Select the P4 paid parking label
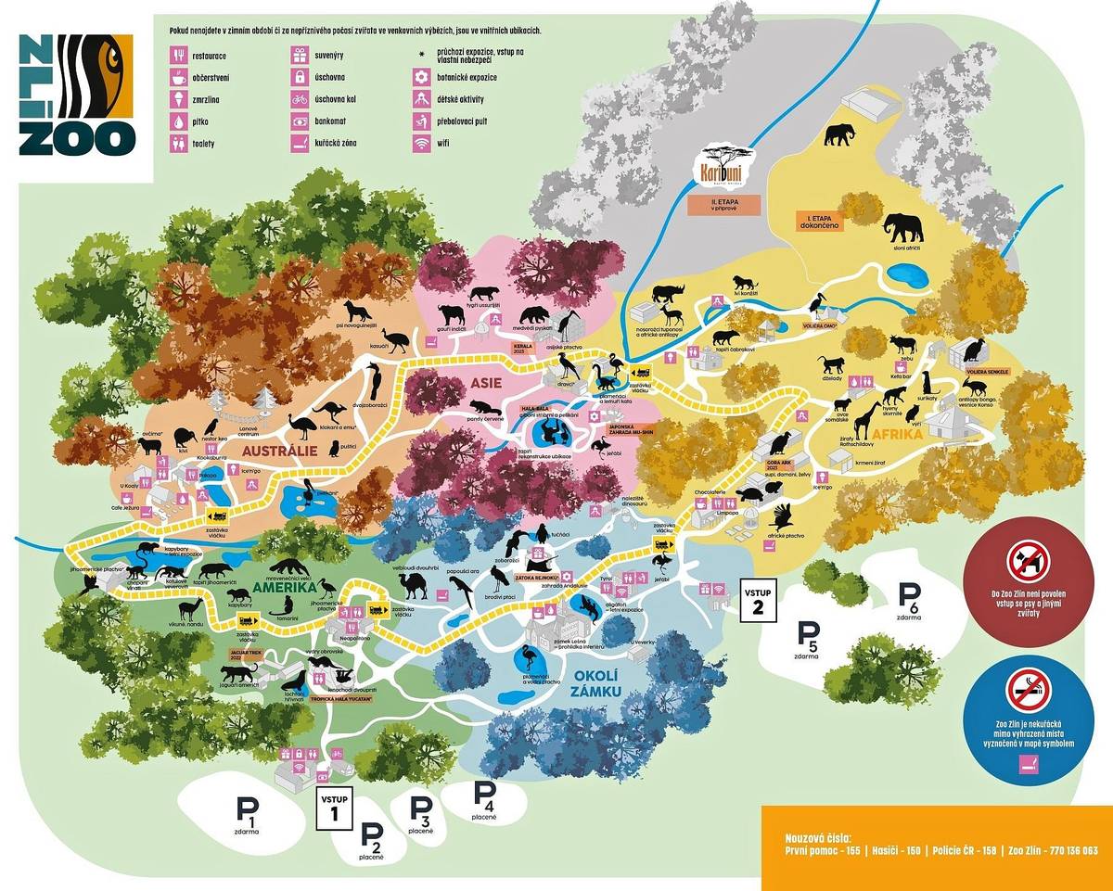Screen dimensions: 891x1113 pyautogui.click(x=485, y=798)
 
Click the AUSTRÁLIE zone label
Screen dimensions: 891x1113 pyautogui.click(x=280, y=451)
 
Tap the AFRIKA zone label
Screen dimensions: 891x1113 pyautogui.click(x=922, y=434)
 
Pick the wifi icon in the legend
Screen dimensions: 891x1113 pyautogui.click(x=423, y=144)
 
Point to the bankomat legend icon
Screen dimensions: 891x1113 pyautogui.click(x=300, y=121)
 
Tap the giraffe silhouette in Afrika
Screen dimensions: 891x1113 pyautogui.click(x=867, y=421)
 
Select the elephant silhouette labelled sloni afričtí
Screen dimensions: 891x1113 pyautogui.click(x=902, y=228)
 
